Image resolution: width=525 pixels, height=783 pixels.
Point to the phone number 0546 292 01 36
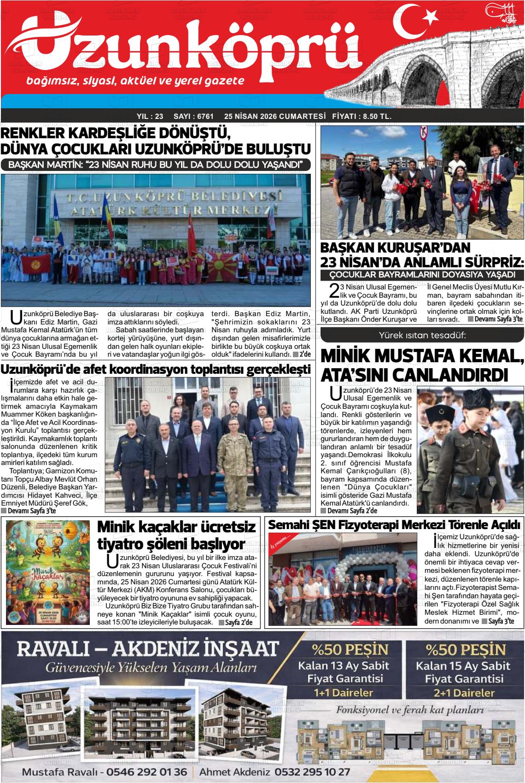point(146,772)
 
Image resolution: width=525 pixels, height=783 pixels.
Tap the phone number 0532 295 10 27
point(312,772)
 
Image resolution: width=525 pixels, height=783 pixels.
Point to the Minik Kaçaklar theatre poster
point(48,574)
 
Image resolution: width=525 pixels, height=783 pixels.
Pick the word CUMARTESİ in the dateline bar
point(301,117)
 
